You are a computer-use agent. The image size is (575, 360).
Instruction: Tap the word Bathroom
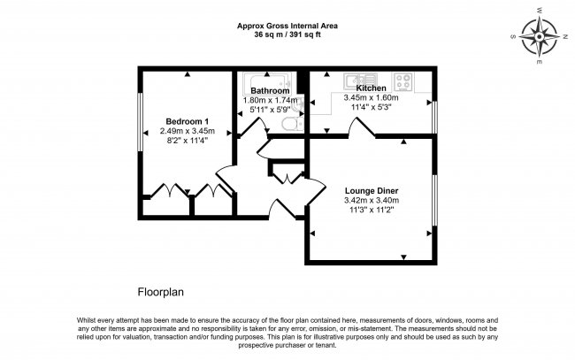270,91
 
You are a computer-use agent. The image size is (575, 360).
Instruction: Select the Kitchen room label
370,88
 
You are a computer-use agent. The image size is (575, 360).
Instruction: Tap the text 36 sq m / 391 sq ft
287,34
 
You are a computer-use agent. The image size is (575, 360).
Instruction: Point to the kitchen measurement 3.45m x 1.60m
370,98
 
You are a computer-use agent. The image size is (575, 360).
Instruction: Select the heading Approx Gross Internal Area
287,26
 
